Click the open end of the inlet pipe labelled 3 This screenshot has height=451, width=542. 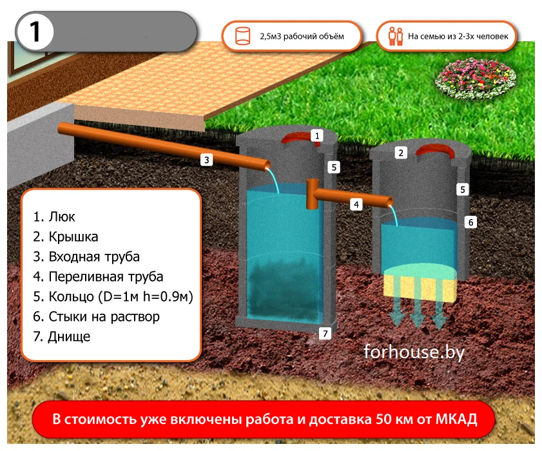[x=267, y=166]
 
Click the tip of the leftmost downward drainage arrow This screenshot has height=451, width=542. [x=396, y=326]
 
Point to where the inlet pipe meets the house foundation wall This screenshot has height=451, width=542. [x=59, y=129]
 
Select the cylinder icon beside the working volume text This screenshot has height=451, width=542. [x=243, y=36]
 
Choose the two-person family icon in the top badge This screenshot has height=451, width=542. [x=396, y=36]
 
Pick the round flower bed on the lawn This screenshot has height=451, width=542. [x=476, y=78]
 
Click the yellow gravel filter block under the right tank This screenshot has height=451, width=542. [x=420, y=287]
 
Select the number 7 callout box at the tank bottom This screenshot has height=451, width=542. [x=325, y=334]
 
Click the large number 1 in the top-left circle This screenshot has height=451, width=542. [x=35, y=32]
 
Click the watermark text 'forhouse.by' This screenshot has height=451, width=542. [x=414, y=352]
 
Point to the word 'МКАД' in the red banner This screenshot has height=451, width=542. [x=456, y=419]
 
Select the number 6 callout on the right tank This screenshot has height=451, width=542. [x=470, y=222]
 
